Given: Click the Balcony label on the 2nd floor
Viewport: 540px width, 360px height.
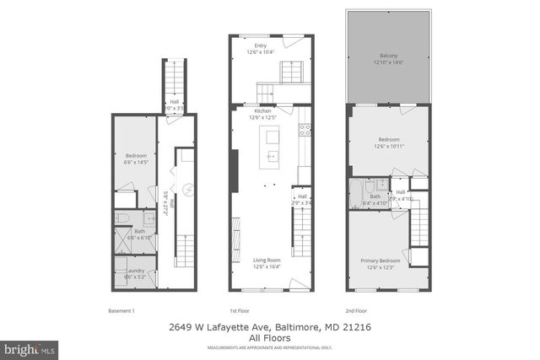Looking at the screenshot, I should pos(387,55).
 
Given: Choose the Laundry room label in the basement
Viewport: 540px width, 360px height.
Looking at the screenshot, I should pos(135,271).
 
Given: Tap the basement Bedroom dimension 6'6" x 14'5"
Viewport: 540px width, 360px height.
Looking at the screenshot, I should pos(137,162).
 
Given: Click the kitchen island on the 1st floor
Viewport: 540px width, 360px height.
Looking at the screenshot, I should pos(273,145).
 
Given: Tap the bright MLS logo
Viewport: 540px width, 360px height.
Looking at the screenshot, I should pos(30,347).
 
